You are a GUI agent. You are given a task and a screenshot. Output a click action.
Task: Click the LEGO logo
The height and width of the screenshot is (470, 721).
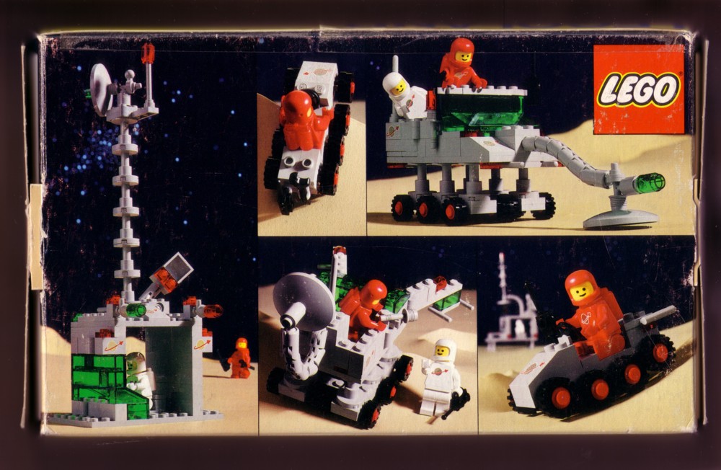pyautogui.click(x=639, y=89)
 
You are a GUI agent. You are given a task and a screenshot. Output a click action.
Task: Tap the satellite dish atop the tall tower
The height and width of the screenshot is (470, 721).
pyautogui.click(x=101, y=89)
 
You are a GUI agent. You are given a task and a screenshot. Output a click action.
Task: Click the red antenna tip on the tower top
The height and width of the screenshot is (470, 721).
pyautogui.click(x=148, y=53)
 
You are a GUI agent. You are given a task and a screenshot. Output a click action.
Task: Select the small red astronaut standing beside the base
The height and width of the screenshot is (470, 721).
pyautogui.click(x=239, y=358)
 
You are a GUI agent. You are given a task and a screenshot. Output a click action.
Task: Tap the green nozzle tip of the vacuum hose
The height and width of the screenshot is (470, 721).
pyautogui.click(x=649, y=183)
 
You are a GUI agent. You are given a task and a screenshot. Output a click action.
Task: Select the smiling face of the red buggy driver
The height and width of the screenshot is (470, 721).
pyautogui.click(x=582, y=291)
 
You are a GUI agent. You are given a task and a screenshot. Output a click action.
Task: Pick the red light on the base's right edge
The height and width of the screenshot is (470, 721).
pyautogui.click(x=213, y=311)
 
